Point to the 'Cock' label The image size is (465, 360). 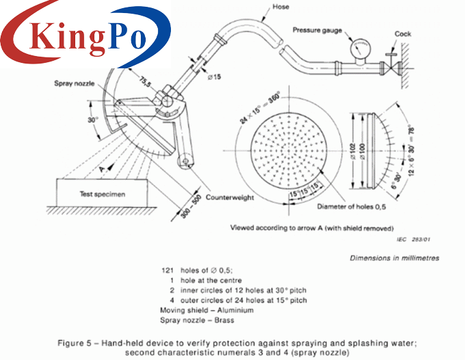(403, 33)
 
